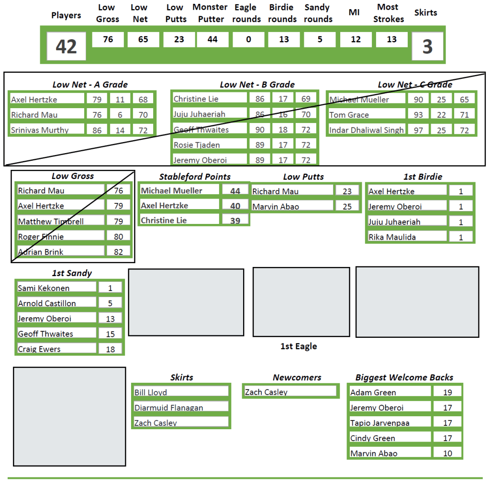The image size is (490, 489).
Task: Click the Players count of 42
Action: (66, 46)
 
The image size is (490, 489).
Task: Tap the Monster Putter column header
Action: (211, 13)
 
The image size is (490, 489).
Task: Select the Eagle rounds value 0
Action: (248, 40)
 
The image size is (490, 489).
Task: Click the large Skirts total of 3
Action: (427, 46)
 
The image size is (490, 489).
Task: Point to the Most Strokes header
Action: (389, 13)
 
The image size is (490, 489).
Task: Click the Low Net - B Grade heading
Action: (257, 85)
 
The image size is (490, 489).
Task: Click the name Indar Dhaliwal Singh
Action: (367, 130)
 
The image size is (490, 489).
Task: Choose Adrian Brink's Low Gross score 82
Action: (118, 252)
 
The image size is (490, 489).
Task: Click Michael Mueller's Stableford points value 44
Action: (235, 191)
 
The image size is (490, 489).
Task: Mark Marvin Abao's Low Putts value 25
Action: (347, 206)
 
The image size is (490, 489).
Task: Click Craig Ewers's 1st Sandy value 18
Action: (111, 349)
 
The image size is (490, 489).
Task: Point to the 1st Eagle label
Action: (299, 346)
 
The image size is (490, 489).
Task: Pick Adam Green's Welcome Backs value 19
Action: (447, 392)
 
